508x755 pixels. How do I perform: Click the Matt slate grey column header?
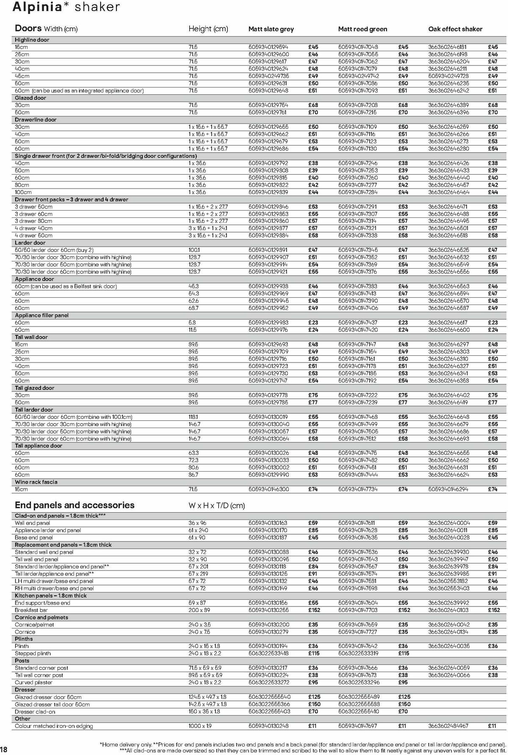click(x=271, y=29)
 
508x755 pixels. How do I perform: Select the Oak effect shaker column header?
click(x=455, y=29)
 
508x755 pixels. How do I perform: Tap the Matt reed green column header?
click(x=362, y=29)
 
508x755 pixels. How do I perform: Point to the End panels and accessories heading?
click(x=75, y=505)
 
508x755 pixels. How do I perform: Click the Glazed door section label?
click(x=30, y=98)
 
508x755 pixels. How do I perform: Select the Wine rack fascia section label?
click(x=36, y=482)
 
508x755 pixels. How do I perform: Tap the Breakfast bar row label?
click(x=31, y=610)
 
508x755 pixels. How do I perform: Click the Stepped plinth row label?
click(x=33, y=653)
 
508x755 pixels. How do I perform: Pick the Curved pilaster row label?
click(x=33, y=682)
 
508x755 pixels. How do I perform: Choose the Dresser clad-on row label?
click(x=35, y=711)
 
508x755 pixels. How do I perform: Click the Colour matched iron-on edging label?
click(x=54, y=726)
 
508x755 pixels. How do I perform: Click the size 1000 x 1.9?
click(x=200, y=726)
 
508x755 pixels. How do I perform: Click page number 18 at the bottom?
click(x=4, y=749)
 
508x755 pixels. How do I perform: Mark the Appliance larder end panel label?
click(x=48, y=530)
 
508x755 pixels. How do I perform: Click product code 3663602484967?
click(x=448, y=726)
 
